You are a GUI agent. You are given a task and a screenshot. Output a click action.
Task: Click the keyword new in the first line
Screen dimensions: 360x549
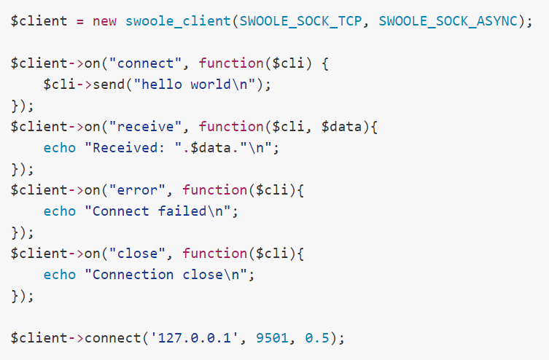tap(104, 20)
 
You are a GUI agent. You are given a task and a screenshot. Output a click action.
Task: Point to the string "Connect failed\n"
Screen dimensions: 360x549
tap(161, 211)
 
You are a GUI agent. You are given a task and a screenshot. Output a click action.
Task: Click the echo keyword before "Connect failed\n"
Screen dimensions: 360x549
tap(59, 211)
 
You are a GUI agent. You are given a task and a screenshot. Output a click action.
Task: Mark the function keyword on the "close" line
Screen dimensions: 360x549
tap(214, 253)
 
